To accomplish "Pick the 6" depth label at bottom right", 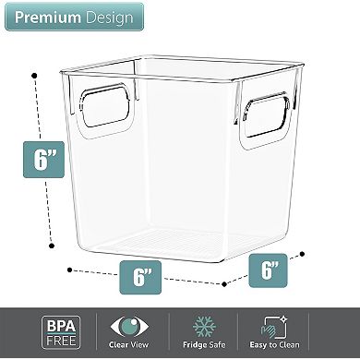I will [270, 270].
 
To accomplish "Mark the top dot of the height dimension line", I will [34, 78].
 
